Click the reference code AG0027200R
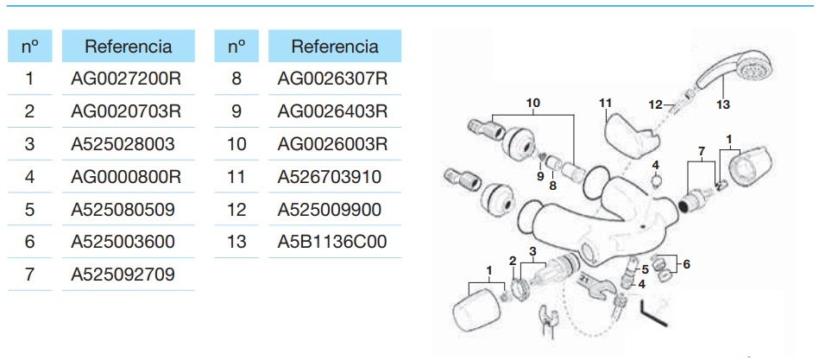tap(125, 79)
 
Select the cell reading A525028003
tap(123, 144)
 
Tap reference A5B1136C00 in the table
tap(332, 242)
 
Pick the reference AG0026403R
tap(332, 111)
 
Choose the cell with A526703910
tap(329, 177)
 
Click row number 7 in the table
tap(29, 275)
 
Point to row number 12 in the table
tap(236, 210)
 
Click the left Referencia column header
tap(128, 46)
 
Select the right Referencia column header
tap(335, 46)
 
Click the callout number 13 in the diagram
tap(722, 104)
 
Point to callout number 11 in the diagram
tap(605, 104)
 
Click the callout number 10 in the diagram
tap(533, 103)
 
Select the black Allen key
tap(653, 313)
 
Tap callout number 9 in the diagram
tap(540, 177)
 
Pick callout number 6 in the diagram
tap(686, 264)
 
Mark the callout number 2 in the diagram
tap(513, 260)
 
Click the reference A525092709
tap(123, 275)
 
